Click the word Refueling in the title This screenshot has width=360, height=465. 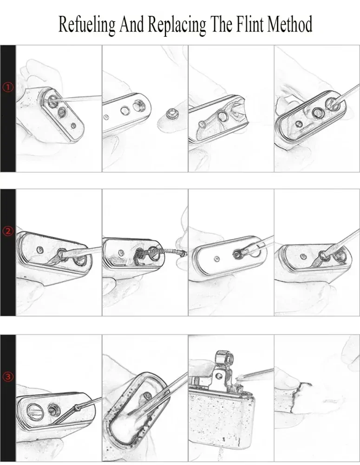tap(87, 24)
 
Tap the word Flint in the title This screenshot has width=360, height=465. tap(251, 24)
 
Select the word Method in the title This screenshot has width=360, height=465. tap(290, 24)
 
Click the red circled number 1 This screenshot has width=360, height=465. tap(8, 87)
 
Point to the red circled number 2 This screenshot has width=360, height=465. tap(8, 231)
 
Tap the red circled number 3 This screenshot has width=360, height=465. tap(8, 377)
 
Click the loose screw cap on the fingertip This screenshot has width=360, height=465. tap(172, 113)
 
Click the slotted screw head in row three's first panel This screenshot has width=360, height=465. tap(33, 411)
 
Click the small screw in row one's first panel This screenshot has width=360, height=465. tap(73, 126)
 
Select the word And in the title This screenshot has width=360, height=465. tap(131, 24)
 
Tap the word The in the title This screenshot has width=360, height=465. tap(221, 24)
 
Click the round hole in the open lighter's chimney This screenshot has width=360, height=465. tap(219, 376)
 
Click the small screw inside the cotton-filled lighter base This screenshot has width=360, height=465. tap(148, 395)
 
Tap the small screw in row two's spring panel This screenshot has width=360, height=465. tap(121, 253)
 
